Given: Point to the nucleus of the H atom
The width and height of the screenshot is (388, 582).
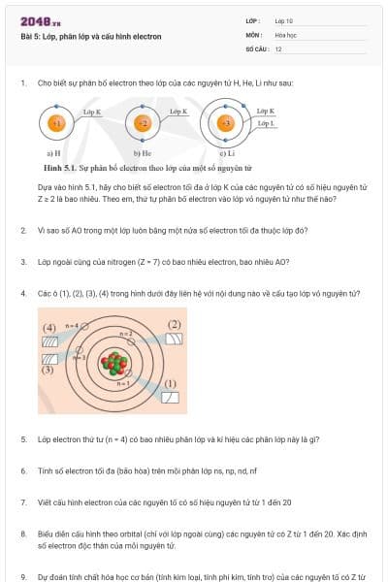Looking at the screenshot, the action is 58,124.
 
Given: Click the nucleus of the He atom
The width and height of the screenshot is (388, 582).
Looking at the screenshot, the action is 143,124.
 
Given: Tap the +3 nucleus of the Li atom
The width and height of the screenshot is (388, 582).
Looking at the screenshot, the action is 226,124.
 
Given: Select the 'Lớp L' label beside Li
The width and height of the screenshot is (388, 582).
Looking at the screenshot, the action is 266,124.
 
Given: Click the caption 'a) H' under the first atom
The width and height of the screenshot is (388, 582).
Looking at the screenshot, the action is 54,153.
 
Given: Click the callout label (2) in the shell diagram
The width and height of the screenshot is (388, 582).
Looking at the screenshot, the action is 175,324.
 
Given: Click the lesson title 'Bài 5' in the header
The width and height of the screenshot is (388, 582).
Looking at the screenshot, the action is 29,37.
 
